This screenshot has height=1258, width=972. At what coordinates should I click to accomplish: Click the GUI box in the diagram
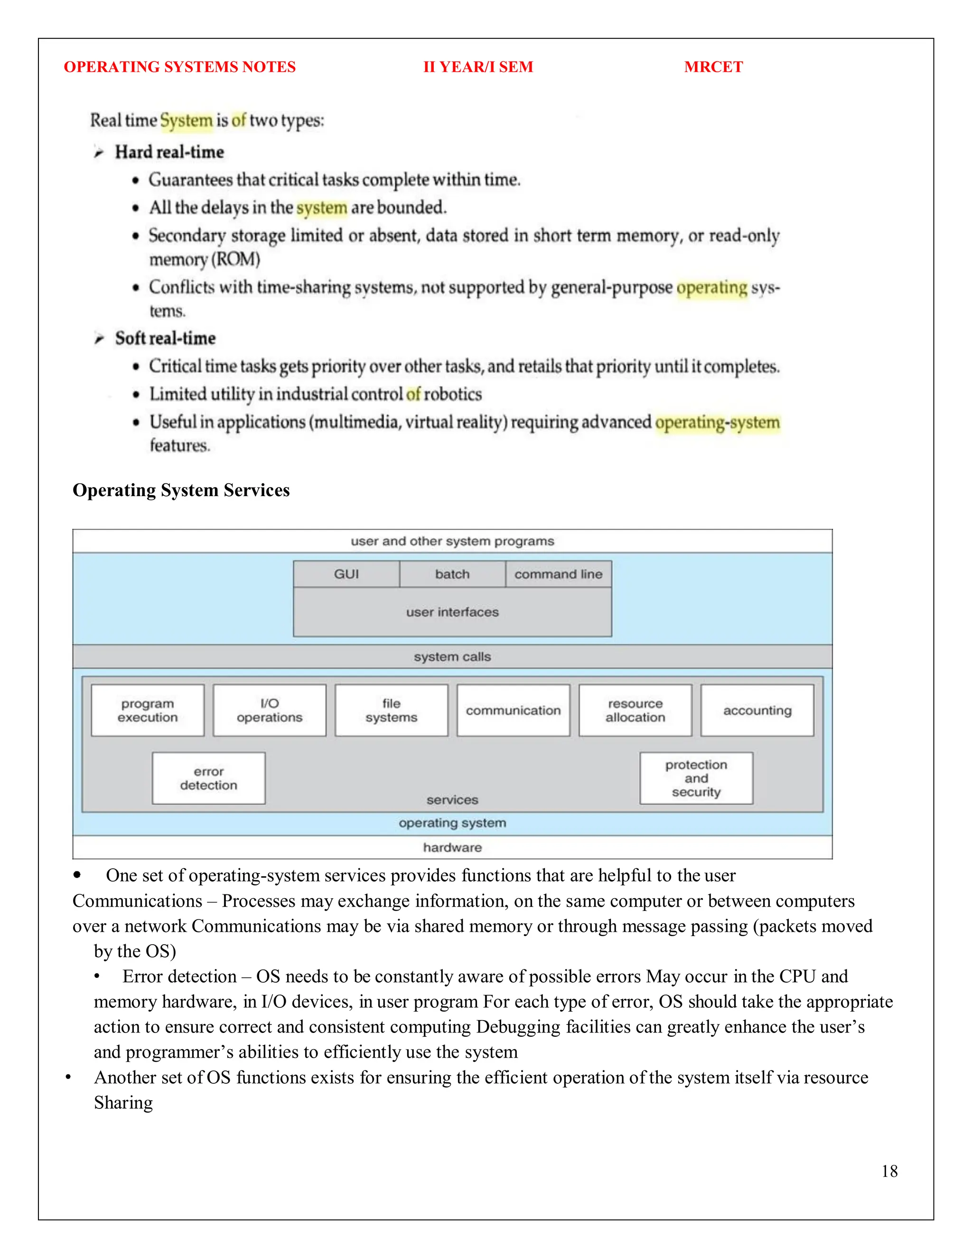[346, 574]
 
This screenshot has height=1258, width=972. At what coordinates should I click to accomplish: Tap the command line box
[558, 574]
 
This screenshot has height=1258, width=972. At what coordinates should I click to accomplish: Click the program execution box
[148, 710]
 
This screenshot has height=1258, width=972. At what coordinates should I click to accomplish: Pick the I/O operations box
[270, 710]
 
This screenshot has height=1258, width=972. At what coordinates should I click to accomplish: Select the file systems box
[391, 710]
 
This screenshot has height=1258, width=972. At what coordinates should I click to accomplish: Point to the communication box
[513, 710]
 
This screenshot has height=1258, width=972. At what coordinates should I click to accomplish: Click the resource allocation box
[635, 710]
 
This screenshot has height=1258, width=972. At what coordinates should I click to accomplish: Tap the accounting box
[757, 710]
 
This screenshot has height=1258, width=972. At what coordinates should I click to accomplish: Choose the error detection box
[208, 778]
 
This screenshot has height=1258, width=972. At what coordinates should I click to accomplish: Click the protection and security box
[696, 778]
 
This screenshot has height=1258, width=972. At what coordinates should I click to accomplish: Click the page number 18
[889, 1171]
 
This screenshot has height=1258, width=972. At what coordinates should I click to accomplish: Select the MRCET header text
[713, 67]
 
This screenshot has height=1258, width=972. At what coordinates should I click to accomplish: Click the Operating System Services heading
[181, 490]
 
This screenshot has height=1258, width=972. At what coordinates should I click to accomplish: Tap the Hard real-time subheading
[169, 152]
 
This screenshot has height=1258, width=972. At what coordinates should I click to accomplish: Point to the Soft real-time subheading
[165, 338]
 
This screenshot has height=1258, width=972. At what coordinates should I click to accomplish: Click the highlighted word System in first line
[186, 121]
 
